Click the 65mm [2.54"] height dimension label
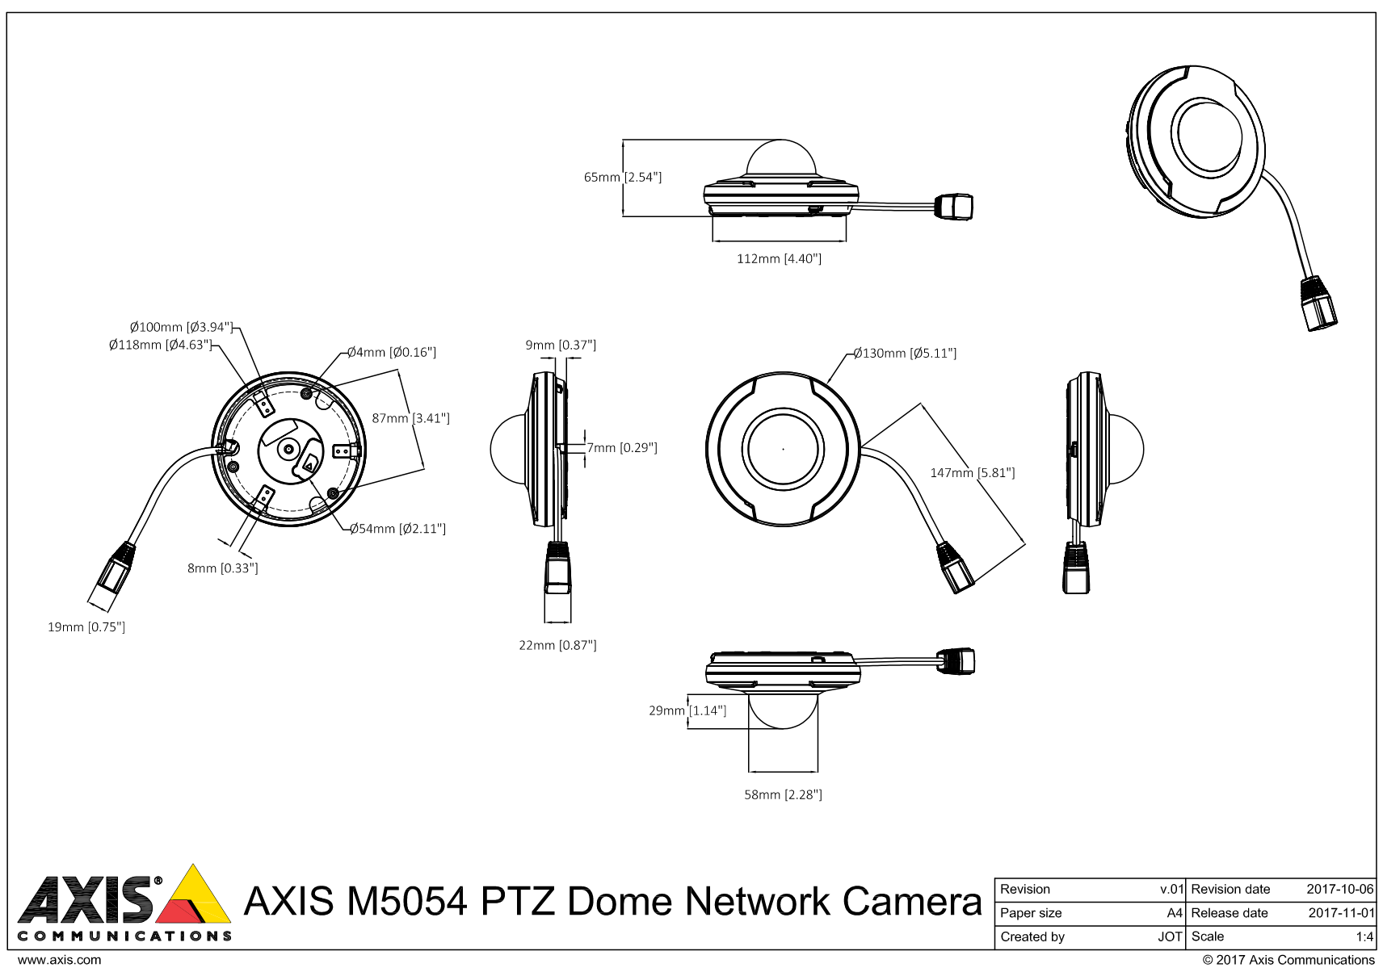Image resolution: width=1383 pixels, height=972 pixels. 622,177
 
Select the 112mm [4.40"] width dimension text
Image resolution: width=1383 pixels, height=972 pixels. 779,259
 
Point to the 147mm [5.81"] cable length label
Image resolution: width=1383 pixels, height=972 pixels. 972,473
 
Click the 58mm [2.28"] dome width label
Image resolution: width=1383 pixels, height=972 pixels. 783,795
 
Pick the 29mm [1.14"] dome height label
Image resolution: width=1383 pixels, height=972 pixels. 687,711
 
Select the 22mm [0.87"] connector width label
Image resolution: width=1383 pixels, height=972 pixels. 557,646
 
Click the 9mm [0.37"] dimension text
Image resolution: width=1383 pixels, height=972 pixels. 561,346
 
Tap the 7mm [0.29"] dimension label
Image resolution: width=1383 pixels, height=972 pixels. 621,448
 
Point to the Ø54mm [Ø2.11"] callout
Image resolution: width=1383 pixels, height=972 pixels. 397,530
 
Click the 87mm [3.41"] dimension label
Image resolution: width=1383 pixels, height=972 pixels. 410,418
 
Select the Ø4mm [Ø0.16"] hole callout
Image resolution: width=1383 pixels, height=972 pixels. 392,353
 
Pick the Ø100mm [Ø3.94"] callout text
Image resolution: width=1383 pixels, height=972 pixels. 181,328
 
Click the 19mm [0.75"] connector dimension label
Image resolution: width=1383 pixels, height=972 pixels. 86,627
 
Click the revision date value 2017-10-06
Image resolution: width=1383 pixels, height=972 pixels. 1339,890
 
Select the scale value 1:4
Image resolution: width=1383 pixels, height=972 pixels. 1364,937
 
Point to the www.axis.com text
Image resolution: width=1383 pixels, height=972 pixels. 60,961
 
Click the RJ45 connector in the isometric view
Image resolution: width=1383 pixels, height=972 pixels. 1318,304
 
